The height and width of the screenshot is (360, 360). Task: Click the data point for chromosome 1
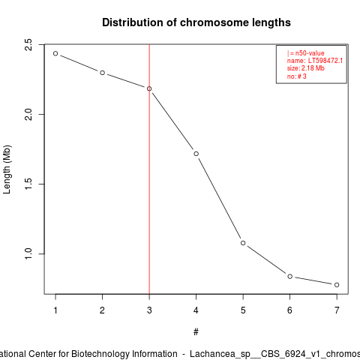pos(55,53)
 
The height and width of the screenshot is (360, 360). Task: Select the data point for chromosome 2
pos(102,73)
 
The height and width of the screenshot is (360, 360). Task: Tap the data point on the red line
pos(149,88)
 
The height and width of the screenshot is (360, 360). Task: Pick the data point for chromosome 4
pos(196,154)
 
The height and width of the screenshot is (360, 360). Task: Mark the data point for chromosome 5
pos(243,243)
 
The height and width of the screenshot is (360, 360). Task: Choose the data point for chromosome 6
pos(290,276)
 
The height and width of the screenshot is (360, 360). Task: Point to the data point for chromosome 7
pos(337,285)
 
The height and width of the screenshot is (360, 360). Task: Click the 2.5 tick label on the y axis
pos(28,45)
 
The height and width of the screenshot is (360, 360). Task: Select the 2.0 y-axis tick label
pos(28,115)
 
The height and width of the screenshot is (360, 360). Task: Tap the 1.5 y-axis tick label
pos(28,184)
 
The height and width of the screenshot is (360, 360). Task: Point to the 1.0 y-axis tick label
pos(28,253)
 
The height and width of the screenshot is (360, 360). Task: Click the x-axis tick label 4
pos(196,310)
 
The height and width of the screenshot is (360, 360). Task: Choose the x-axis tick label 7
pos(337,310)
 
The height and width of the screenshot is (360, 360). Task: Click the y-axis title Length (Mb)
pos(7,169)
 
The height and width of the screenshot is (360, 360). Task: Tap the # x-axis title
pos(196,332)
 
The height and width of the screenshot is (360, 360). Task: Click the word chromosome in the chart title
pos(214,22)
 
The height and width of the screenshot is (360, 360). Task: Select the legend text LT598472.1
pos(325,61)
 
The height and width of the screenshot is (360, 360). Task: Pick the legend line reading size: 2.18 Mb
pos(306,68)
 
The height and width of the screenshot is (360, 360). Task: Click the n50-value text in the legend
pos(310,53)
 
